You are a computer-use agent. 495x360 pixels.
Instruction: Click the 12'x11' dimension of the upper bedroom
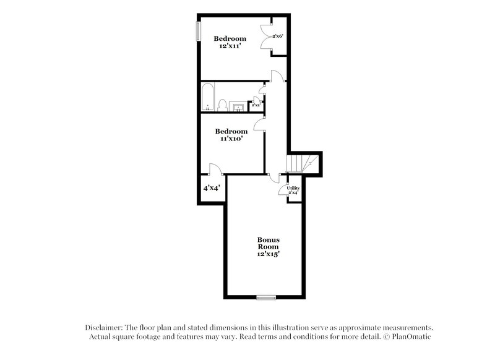230,46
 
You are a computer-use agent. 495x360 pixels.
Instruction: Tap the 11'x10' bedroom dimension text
231,139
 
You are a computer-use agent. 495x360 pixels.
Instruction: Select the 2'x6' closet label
277,37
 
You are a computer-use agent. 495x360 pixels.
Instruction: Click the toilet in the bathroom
223,106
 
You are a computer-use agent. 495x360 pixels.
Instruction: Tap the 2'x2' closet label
255,106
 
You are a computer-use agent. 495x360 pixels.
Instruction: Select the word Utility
293,188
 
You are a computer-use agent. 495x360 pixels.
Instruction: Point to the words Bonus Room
269,243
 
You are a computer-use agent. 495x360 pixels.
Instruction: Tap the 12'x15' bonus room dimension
269,254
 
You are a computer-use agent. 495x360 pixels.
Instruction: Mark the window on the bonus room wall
266,298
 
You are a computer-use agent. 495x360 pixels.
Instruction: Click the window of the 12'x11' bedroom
199,31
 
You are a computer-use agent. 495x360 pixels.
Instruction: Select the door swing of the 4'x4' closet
213,168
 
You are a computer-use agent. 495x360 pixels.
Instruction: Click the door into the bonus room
274,178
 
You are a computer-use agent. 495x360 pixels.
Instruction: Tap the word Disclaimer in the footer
103,327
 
